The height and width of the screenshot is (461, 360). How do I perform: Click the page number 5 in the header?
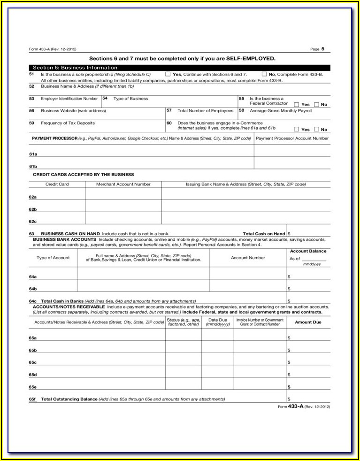(x=322, y=48)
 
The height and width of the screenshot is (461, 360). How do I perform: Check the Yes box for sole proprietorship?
(x=168, y=74)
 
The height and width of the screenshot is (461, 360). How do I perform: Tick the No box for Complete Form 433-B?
(x=264, y=74)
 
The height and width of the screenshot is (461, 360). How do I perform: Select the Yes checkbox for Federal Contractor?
(x=297, y=104)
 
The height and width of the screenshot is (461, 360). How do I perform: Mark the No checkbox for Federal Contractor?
(x=316, y=104)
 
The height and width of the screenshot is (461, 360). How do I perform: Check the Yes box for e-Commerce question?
(x=297, y=129)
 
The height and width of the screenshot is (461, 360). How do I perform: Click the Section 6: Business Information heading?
(x=75, y=68)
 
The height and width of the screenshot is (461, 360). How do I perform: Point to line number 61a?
(x=33, y=154)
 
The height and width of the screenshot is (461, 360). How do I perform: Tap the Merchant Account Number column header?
(x=123, y=184)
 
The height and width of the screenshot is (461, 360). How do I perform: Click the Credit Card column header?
(x=57, y=184)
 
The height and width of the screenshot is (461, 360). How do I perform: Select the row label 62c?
(x=33, y=221)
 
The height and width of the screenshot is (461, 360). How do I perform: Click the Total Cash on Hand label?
(x=264, y=233)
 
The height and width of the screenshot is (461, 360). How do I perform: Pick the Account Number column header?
(x=248, y=258)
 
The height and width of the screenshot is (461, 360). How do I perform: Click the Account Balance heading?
(x=308, y=251)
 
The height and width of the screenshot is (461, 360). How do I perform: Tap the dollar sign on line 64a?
(x=289, y=277)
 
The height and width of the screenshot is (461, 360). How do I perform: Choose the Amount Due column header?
(x=308, y=322)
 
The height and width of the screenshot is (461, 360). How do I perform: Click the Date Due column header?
(x=218, y=322)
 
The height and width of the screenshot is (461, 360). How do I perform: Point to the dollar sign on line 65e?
(x=289, y=387)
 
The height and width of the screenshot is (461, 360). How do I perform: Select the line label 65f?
(x=32, y=400)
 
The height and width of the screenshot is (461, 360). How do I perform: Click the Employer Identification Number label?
(x=69, y=99)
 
